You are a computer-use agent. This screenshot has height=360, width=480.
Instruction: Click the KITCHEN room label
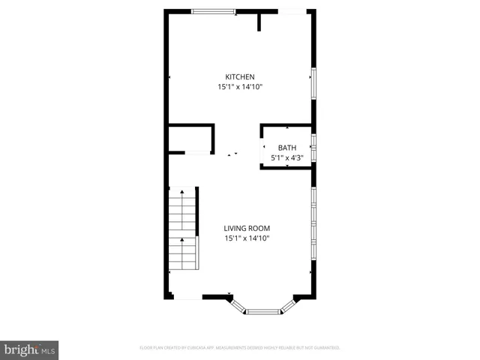(x=241, y=76)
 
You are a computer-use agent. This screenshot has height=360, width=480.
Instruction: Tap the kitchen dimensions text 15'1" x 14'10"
(x=241, y=87)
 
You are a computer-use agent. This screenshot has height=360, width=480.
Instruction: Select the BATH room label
(x=287, y=148)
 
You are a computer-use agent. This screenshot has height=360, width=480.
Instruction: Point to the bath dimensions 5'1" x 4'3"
(x=287, y=158)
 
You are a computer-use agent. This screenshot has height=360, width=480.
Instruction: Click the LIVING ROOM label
(x=247, y=228)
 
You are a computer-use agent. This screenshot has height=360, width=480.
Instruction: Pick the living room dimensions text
(x=247, y=238)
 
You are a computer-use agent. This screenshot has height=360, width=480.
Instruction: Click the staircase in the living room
(x=181, y=229)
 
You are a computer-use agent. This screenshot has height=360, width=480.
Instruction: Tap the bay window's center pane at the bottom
(x=263, y=311)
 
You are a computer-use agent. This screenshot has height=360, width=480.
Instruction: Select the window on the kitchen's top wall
(x=213, y=10)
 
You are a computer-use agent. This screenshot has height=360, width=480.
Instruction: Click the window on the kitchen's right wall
(x=313, y=82)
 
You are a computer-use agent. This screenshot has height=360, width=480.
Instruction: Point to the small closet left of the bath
(x=190, y=139)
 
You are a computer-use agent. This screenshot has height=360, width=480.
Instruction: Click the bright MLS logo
(x=29, y=349)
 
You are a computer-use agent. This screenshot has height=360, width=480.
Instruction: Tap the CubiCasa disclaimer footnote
(x=240, y=348)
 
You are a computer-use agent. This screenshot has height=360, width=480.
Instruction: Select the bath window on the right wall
(x=313, y=147)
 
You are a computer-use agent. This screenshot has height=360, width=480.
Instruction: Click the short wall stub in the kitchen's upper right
(x=259, y=21)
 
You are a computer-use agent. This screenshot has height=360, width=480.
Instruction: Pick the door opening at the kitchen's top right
(x=292, y=10)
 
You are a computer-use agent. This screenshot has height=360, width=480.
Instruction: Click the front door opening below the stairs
(x=187, y=298)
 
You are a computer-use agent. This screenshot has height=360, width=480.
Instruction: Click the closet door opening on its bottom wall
(x=197, y=153)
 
